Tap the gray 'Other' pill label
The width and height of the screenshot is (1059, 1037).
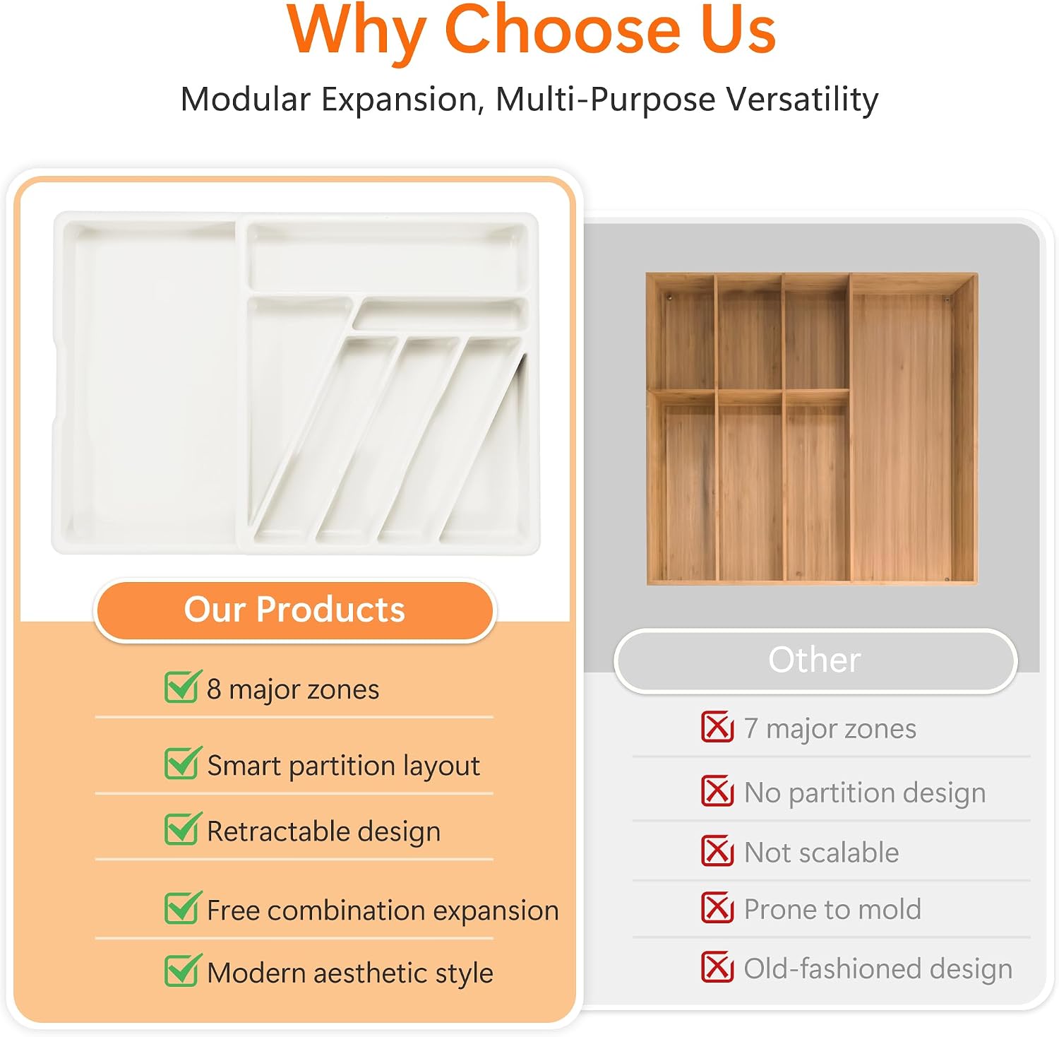[x=815, y=660]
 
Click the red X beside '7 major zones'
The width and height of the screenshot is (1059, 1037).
[x=717, y=727]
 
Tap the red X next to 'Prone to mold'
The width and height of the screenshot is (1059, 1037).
[x=717, y=908]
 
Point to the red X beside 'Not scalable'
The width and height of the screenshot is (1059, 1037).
[x=717, y=851]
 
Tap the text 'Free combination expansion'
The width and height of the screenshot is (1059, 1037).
[x=383, y=911]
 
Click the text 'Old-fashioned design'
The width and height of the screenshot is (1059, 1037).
[x=878, y=968]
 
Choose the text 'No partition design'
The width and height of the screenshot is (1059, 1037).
[x=865, y=793]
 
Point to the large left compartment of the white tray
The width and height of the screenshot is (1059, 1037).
[x=152, y=381]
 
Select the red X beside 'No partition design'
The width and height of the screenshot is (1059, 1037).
[x=717, y=791]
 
